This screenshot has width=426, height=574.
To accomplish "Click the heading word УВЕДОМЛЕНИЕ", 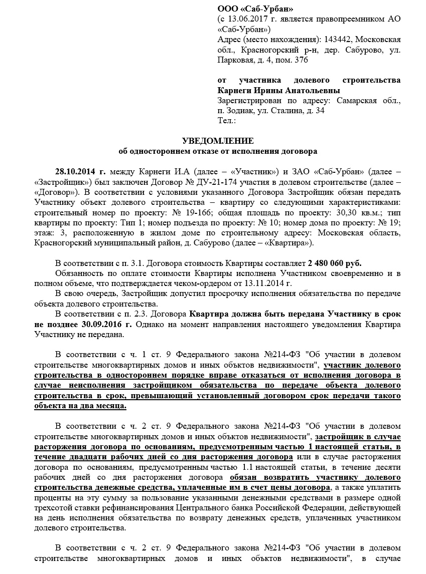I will pyautogui.click(x=217, y=141).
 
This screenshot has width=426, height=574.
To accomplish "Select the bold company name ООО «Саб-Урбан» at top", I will pyautogui.click(x=255, y=9).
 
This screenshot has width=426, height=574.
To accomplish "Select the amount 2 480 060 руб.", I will pyautogui.click(x=335, y=263).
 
